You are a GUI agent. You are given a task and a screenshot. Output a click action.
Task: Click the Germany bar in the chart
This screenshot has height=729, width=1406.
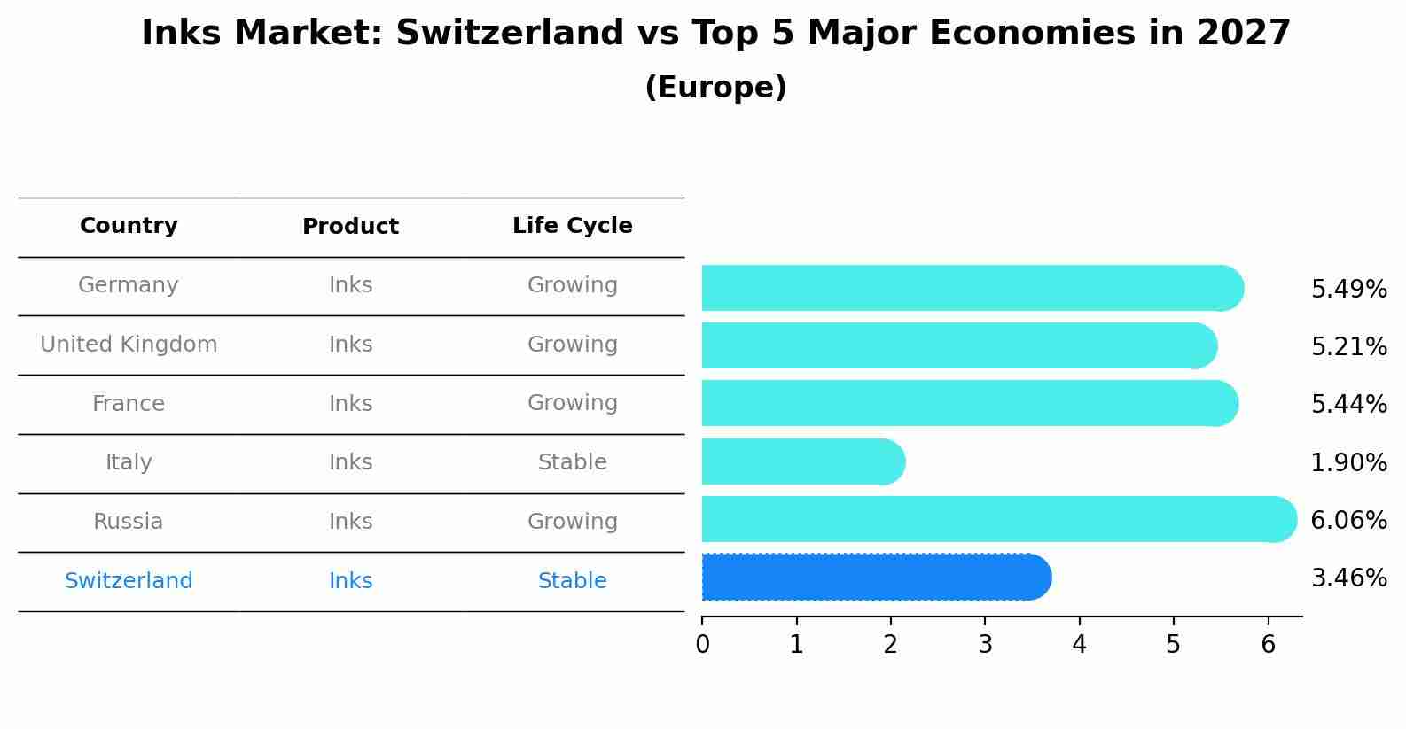point(971,288)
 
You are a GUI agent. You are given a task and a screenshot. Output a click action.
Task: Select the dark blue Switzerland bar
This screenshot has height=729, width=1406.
point(876,578)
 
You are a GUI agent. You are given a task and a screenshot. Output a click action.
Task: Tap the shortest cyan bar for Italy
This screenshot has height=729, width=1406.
point(802,461)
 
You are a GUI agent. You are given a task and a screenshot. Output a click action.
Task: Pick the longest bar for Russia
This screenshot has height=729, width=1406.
point(998,519)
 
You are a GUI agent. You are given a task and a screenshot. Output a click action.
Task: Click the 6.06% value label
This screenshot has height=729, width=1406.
point(1348,520)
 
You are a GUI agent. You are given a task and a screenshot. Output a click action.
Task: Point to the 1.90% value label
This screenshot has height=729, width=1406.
point(1348,462)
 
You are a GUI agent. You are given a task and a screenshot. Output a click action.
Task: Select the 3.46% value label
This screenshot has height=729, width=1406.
point(1348,578)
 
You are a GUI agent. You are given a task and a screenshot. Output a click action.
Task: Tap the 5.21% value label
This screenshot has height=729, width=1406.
point(1348,346)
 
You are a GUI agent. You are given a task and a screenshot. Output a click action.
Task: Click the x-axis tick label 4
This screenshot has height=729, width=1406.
point(1079,645)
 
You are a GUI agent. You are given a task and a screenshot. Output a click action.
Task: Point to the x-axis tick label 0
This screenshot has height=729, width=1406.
point(702,645)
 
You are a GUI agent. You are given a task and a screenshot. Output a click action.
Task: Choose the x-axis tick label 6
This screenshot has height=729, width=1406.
point(1268,645)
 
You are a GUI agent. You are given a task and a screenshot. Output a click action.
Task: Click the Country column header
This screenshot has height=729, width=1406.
point(129,226)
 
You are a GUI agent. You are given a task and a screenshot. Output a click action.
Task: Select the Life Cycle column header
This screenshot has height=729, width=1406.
point(572,226)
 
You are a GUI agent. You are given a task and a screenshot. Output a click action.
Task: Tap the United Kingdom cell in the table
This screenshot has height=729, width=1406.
point(129,345)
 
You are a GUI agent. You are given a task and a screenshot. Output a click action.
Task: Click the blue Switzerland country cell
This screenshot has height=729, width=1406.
point(129,581)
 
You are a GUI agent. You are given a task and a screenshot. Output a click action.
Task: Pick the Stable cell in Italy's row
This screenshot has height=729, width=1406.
point(572,462)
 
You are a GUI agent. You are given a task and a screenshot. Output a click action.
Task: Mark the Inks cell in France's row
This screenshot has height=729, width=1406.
point(350,404)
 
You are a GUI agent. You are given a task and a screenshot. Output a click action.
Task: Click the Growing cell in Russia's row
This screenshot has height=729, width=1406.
point(572,522)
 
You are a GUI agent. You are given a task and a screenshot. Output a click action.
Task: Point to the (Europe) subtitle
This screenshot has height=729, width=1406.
point(715,88)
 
